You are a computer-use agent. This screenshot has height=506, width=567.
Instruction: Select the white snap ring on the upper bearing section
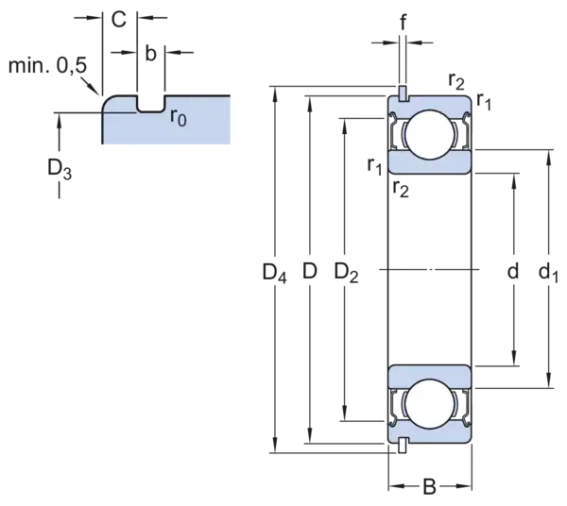[403, 93]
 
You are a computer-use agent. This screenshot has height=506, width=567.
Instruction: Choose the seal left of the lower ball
[398, 401]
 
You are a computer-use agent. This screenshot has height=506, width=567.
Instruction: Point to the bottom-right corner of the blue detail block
[231, 148]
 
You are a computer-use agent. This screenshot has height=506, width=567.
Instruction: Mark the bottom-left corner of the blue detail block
[103, 148]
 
